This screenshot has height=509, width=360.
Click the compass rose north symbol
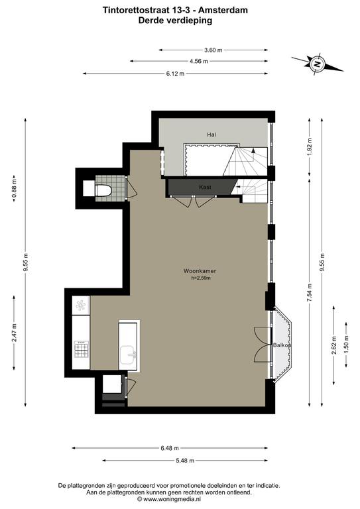point(317,64)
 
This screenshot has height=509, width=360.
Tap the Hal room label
point(211,135)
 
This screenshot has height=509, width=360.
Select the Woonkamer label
point(200,271)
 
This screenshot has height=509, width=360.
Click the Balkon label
point(282,345)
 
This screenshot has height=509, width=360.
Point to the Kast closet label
point(205,187)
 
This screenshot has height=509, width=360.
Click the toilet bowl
point(103,191)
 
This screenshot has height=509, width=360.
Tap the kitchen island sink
point(129,355)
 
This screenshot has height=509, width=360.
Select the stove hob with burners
point(81,349)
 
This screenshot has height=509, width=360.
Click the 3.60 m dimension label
point(213,50)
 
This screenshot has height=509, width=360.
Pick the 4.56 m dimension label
point(199,61)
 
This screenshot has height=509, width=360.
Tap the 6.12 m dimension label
point(175,74)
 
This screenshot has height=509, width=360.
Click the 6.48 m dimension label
point(170,448)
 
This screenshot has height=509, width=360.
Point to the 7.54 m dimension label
point(310,293)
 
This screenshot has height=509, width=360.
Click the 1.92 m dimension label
point(310,147)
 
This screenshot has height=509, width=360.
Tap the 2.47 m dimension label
point(14,333)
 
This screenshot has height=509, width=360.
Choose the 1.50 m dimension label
point(346,345)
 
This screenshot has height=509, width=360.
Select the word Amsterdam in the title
point(223,11)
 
